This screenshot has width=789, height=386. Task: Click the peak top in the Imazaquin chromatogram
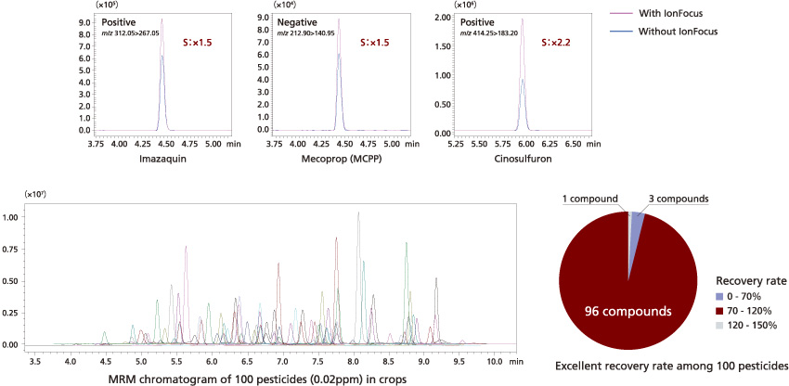[162, 19]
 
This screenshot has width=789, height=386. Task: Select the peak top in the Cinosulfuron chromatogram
[522, 19]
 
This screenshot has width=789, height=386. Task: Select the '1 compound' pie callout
[589, 199]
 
